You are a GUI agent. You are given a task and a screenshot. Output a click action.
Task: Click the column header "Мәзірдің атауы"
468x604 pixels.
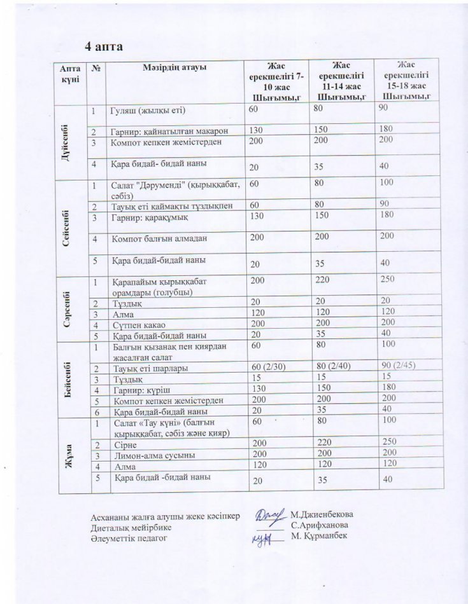pyautogui.click(x=175, y=68)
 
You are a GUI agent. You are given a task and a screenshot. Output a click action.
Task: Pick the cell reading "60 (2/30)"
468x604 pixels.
pyautogui.click(x=269, y=368)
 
